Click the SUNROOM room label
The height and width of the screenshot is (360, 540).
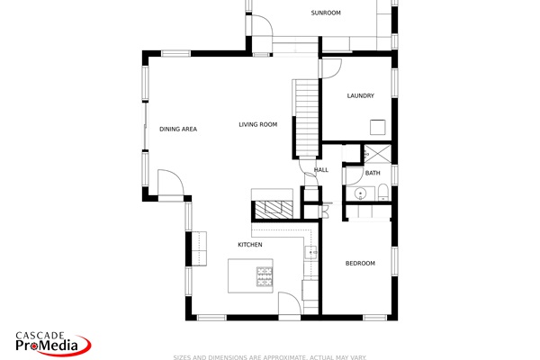[x=326, y=13]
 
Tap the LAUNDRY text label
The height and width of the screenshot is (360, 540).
[x=360, y=95]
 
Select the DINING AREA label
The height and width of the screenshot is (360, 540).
[x=178, y=129]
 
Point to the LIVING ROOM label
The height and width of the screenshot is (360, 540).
[x=257, y=124]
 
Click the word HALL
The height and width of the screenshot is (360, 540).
[x=321, y=169]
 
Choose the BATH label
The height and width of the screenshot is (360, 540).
[x=373, y=173]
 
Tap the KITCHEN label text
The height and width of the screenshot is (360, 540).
[x=249, y=245]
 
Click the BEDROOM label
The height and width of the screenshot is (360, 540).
[x=360, y=263]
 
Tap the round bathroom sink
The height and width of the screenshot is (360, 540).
[x=361, y=193]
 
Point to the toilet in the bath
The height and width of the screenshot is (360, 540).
[x=382, y=191]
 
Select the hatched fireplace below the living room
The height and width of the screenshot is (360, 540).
[x=272, y=209]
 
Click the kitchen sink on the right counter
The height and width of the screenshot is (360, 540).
[x=311, y=253]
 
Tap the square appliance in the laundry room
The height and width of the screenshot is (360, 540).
[x=378, y=127]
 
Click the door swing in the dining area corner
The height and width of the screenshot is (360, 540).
[x=170, y=184]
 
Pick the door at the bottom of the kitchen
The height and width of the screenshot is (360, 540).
[x=290, y=306]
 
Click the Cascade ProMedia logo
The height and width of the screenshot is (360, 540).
[x=51, y=342]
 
